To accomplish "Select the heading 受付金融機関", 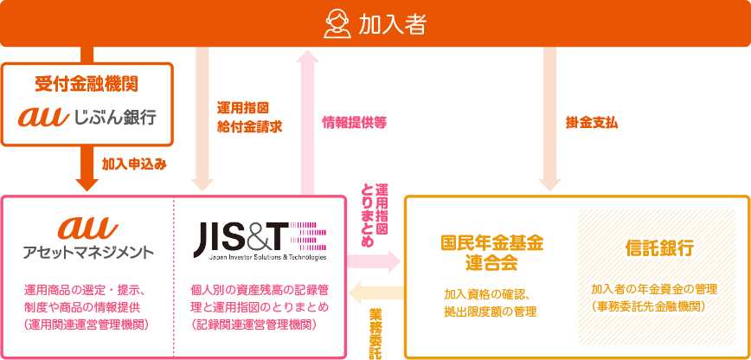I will click(87, 84).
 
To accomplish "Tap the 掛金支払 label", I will click(592, 122).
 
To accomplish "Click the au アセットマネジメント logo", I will click(87, 238).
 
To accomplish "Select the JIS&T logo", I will click(259, 238).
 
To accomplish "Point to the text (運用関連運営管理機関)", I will click(87, 325).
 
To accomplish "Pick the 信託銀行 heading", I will click(658, 247).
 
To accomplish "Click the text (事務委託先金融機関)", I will click(658, 305).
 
